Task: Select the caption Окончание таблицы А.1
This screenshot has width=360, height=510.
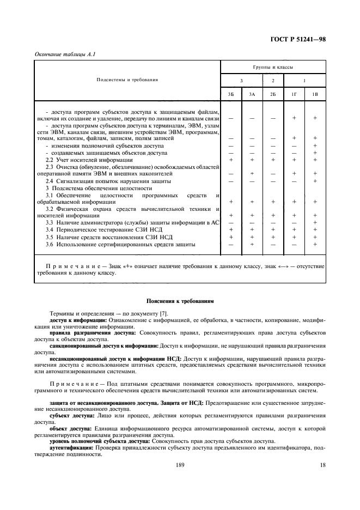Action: [62, 53]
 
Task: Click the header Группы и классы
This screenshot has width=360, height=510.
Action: [273, 68]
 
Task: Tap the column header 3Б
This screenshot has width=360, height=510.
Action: [231, 94]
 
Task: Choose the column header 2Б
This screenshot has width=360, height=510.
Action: [272, 94]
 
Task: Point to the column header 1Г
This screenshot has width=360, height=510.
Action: [294, 94]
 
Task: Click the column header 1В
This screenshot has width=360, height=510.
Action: [315, 94]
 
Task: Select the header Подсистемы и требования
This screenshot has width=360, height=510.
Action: [127, 80]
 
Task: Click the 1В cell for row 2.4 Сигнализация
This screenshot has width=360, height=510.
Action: [315, 181]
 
